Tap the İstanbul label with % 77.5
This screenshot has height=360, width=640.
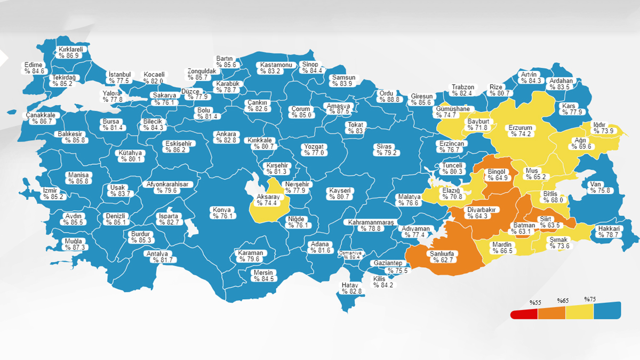[119, 77]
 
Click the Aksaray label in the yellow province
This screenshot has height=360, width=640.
[268, 200]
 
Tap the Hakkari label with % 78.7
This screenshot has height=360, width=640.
[609, 231]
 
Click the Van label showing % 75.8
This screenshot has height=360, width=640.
[596, 187]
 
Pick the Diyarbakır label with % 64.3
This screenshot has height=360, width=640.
[481, 213]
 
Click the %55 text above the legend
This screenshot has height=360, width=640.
[535, 302]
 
